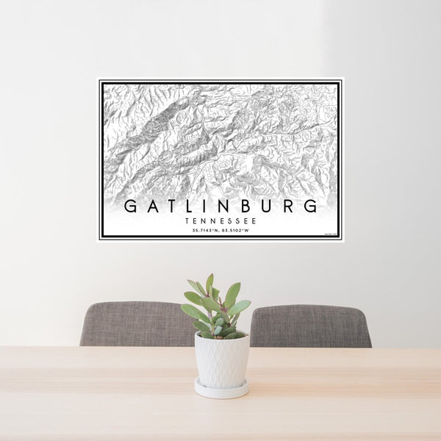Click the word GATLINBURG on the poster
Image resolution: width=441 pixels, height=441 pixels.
point(220,206)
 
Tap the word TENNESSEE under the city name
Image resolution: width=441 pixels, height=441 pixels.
point(220,220)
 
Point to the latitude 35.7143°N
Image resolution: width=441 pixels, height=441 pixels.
point(205,230)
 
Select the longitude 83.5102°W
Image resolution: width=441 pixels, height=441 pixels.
point(237,230)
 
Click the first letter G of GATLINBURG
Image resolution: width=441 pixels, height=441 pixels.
point(129,206)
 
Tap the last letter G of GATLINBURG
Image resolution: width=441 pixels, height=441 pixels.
point(312,206)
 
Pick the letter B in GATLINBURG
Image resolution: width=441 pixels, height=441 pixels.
point(248,206)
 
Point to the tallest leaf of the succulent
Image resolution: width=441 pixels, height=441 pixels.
point(210,283)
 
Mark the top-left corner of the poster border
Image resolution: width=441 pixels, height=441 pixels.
point(101,82)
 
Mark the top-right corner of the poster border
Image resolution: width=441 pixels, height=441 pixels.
point(340,82)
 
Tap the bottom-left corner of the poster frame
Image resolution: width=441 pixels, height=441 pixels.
point(101,239)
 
